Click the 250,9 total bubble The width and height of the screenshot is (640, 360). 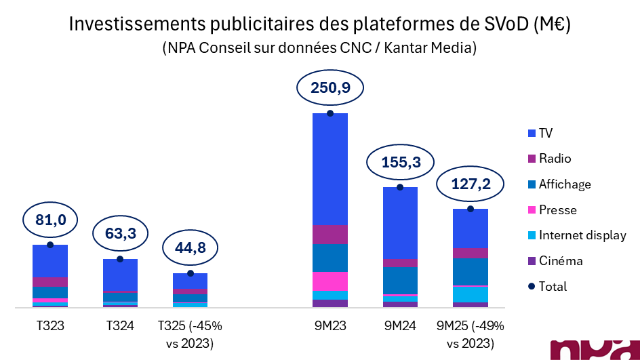tap(330, 88)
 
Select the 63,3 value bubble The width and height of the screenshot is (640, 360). tap(120, 235)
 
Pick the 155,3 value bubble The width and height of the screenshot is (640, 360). tap(399, 162)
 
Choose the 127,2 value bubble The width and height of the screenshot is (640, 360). tap(470, 184)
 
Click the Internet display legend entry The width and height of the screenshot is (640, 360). tap(576, 235)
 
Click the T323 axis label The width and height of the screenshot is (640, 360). tap(50, 326)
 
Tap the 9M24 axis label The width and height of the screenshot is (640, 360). tap(400, 326)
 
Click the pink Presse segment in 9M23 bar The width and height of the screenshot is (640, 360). tap(330, 281)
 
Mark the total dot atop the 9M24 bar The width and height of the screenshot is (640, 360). tap(400, 187)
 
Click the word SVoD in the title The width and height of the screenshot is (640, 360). tap(501, 25)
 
